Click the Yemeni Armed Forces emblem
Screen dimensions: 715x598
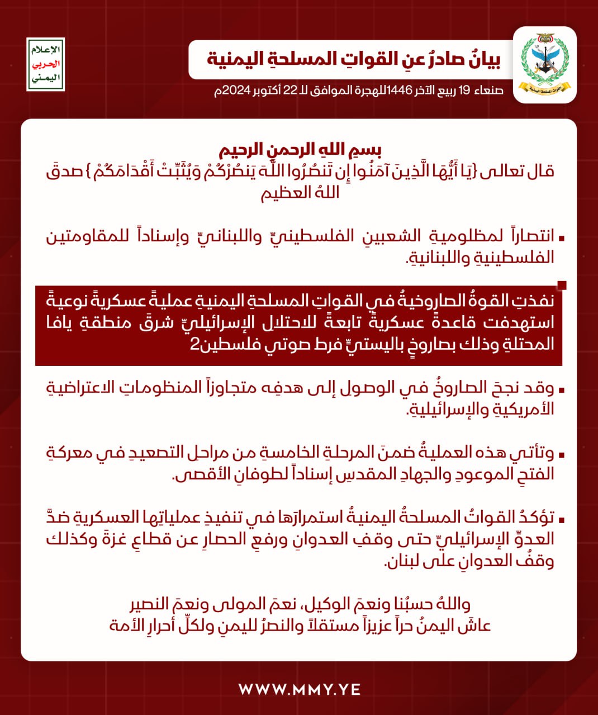click(545, 65)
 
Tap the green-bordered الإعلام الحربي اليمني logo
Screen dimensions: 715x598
click(46, 65)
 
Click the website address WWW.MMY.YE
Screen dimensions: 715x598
click(299, 689)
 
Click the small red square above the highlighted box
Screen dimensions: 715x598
click(562, 285)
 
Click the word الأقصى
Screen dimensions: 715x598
click(199, 474)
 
